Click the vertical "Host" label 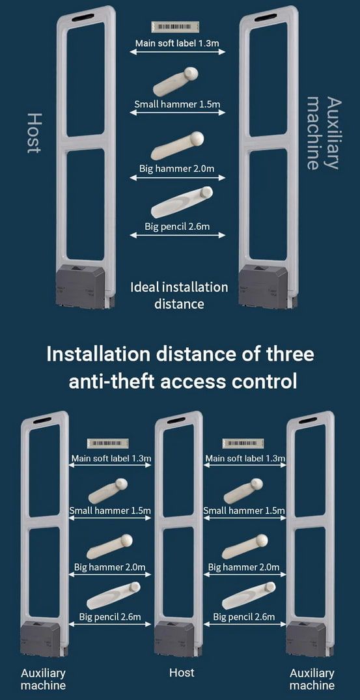coord(35,133)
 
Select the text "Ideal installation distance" coord(179,295)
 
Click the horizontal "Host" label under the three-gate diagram coord(182,672)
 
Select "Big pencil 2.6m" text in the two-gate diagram coord(177,227)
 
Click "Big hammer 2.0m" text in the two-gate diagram coord(176,169)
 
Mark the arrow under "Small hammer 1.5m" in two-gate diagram coord(178,113)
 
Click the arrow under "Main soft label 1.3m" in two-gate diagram coord(178,52)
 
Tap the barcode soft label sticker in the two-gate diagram coord(175,27)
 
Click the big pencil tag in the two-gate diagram coord(182,202)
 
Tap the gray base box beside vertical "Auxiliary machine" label coord(263,286)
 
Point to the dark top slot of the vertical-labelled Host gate coord(83,18)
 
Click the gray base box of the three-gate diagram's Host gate coord(174,639)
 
